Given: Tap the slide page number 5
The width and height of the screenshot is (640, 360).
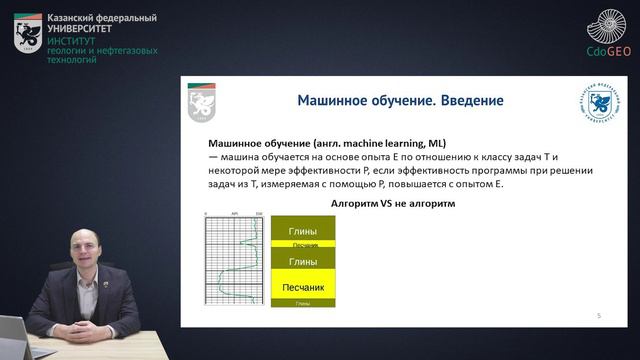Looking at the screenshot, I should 598,315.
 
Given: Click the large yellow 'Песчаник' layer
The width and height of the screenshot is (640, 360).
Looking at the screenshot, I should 304,287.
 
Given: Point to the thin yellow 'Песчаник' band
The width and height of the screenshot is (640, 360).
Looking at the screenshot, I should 304,245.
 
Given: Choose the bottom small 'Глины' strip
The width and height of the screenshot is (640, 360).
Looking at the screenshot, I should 304,302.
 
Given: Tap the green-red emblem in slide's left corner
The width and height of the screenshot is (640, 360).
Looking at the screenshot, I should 201,101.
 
